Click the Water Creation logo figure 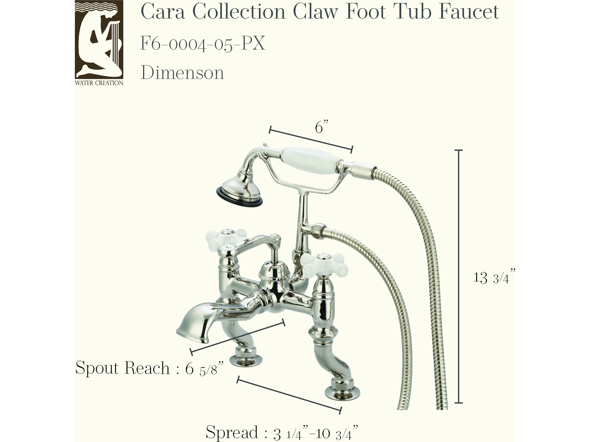tap(99, 40)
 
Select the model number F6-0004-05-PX tap(203, 43)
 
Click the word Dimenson tap(182, 73)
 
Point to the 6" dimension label tap(321, 127)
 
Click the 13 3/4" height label tap(494, 277)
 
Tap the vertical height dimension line tap(459, 276)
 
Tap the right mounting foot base tap(342, 392)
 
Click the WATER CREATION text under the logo tap(99, 83)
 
